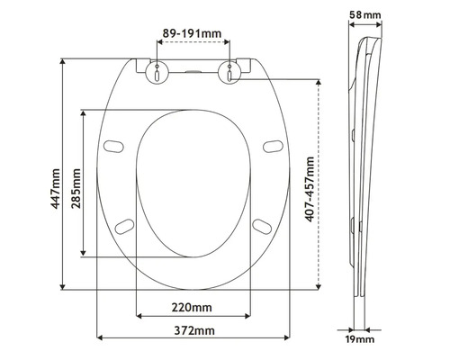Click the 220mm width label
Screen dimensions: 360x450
193,306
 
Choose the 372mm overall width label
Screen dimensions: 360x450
193,330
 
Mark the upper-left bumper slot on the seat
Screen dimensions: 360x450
115,144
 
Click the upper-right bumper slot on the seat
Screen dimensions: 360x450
271,144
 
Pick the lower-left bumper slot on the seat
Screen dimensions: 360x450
124,224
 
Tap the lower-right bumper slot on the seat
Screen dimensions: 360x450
262,224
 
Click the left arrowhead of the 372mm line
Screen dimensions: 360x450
99,338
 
